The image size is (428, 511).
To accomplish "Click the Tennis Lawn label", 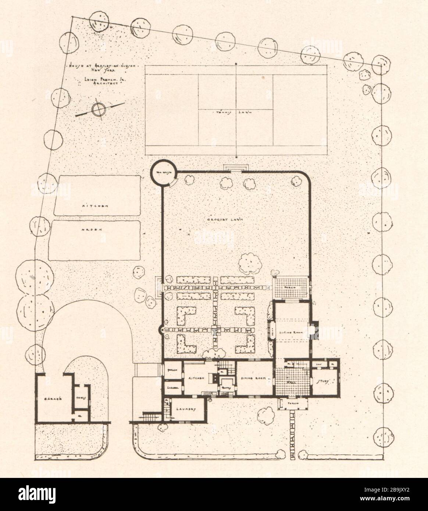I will point(235,112).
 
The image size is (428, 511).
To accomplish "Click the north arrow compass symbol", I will point(99,109).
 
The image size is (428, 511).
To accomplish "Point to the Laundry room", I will point(185,410).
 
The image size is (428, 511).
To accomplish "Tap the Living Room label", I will point(292,332).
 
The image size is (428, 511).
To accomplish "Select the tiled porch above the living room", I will point(291,287).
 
